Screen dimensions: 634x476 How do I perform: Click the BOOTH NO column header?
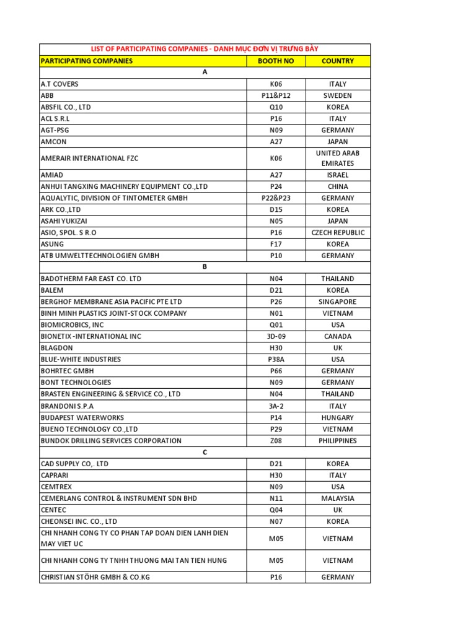click(276, 61)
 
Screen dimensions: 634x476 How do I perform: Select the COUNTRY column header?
click(338, 61)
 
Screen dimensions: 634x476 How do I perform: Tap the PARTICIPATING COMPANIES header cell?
click(86, 61)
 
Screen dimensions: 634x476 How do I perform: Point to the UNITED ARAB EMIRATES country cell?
click(338, 158)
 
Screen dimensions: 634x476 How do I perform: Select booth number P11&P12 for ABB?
click(276, 95)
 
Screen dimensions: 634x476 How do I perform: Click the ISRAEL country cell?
click(338, 175)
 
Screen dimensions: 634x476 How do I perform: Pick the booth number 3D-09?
click(276, 336)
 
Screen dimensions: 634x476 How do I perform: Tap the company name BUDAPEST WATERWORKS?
click(82, 417)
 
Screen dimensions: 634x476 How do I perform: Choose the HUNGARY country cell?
click(338, 417)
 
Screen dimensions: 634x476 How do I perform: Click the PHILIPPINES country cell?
click(338, 441)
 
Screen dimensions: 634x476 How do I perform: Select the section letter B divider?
click(205, 267)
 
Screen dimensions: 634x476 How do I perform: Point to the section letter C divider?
click(205, 452)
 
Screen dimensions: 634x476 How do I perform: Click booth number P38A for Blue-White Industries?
click(276, 359)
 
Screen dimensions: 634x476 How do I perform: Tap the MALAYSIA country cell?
click(338, 498)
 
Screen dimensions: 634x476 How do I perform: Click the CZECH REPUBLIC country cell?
click(338, 233)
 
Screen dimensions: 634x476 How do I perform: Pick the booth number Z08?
click(276, 441)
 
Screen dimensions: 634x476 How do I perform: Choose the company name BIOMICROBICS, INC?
click(72, 324)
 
